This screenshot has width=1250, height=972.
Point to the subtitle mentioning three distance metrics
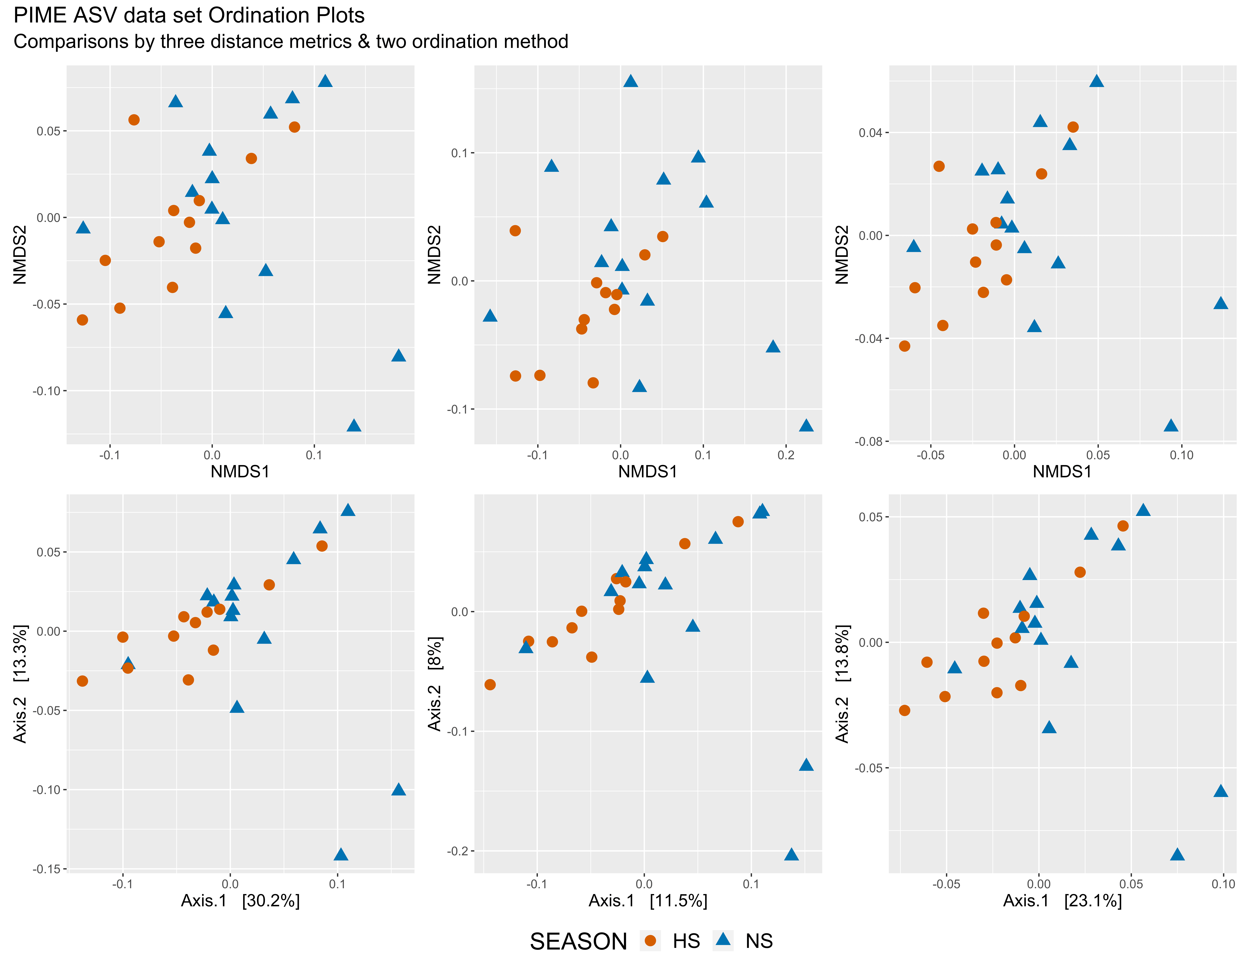291,42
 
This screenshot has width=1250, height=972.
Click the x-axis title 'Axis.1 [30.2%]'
240,901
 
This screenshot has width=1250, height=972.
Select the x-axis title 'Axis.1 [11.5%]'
648,901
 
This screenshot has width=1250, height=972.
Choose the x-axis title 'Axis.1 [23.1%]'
1062,901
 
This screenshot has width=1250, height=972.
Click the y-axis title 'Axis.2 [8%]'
435,684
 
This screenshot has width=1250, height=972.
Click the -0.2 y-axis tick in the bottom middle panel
458,851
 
